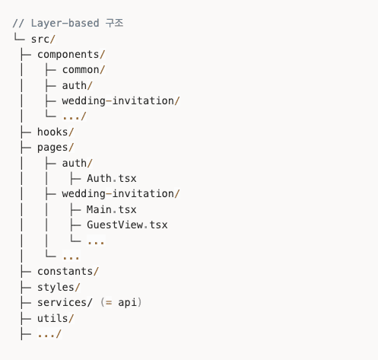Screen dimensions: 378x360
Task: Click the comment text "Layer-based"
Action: pos(65,24)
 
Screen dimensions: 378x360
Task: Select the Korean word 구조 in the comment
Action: pos(114,23)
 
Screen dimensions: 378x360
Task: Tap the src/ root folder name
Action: pos(43,40)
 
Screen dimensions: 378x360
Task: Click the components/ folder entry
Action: pos(71,55)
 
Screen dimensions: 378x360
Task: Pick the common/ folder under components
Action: pos(84,70)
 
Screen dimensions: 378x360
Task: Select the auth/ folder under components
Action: pos(77,85)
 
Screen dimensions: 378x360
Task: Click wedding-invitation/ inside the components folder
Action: pos(121,100)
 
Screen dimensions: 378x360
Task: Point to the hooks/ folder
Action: pos(56,132)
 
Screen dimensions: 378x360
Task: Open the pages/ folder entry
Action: pos(56,148)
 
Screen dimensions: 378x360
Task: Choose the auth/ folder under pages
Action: pos(77,163)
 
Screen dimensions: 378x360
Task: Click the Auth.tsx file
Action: pos(112,178)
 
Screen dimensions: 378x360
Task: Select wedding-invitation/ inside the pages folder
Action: pos(121,194)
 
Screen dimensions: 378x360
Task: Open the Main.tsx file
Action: pos(112,209)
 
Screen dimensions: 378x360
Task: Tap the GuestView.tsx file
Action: pos(127,225)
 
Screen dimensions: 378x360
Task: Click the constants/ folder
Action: pos(68,272)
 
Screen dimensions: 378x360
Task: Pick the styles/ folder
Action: pos(59,287)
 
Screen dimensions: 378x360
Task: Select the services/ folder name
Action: pos(65,302)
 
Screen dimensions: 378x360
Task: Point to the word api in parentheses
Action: pos(127,303)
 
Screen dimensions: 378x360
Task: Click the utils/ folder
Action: pos(56,318)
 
